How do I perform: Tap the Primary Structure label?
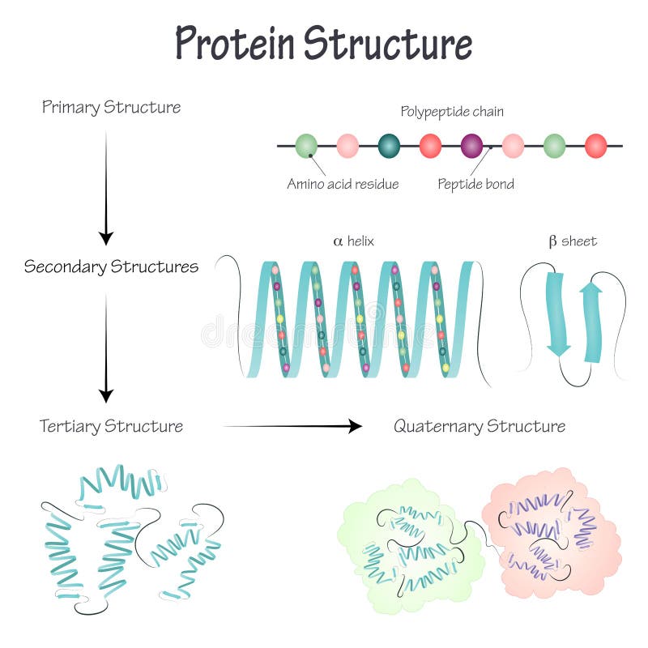click(x=112, y=107)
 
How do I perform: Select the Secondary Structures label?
click(x=111, y=266)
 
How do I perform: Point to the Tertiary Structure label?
click(x=111, y=426)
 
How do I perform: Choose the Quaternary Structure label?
click(x=480, y=426)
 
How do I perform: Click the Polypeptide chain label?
click(x=452, y=112)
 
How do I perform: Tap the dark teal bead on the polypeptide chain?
click(x=389, y=146)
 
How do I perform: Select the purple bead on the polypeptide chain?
click(x=471, y=146)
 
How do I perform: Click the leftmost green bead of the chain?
click(x=306, y=146)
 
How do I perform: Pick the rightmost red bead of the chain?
click(x=595, y=146)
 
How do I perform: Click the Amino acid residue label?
click(x=343, y=184)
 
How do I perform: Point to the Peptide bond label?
click(x=475, y=184)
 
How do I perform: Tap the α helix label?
click(x=353, y=241)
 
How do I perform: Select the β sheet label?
click(x=572, y=241)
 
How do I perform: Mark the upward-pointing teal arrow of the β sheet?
click(x=591, y=321)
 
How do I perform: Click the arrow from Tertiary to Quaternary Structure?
click(x=292, y=426)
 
